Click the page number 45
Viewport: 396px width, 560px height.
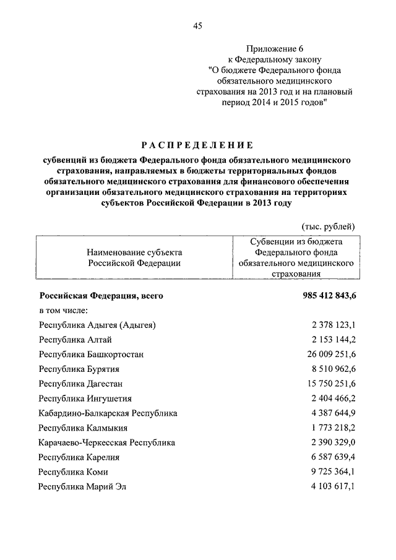pyautogui.click(x=198, y=25)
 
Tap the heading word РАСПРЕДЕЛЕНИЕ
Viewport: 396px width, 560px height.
pyautogui.click(x=197, y=146)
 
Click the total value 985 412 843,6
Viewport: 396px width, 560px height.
pyautogui.click(x=330, y=296)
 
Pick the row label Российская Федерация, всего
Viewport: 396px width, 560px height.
pyautogui.click(x=101, y=296)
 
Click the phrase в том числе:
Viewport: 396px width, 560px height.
pyautogui.click(x=65, y=310)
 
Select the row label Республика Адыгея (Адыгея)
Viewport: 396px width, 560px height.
pyautogui.click(x=97, y=325)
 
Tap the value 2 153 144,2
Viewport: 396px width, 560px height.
pyautogui.click(x=334, y=340)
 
